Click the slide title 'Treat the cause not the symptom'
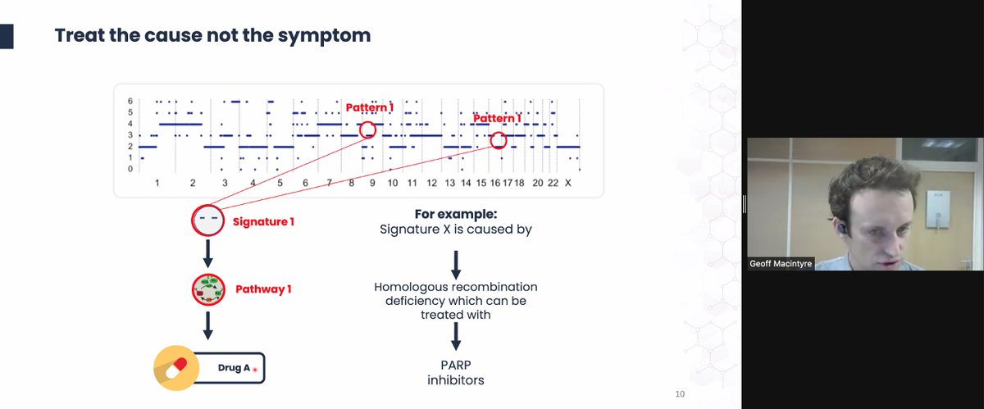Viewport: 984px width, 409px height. [212, 35]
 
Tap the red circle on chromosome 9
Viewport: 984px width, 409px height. [367, 129]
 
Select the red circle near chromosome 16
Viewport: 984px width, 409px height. [499, 140]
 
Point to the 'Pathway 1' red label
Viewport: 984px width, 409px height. [263, 289]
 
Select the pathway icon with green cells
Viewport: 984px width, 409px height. [207, 289]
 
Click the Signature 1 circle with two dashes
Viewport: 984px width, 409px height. [207, 220]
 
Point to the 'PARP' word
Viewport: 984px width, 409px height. [456, 365]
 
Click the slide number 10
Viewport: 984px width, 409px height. [678, 393]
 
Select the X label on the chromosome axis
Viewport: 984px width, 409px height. [567, 182]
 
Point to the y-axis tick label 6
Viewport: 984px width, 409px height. [130, 101]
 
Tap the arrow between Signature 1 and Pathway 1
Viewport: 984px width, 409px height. [207, 254]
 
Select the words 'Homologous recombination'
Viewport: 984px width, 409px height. [456, 287]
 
